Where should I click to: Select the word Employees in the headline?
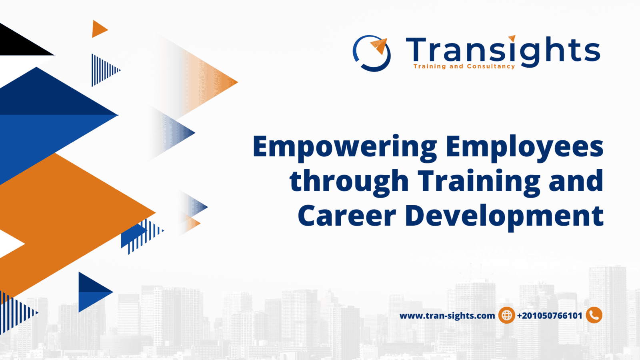pyautogui.click(x=524, y=147)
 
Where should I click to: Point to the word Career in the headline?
pyautogui.click(x=346, y=216)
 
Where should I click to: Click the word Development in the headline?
pyautogui.click(x=504, y=216)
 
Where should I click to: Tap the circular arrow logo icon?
pyautogui.click(x=372, y=53)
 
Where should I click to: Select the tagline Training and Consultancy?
pyautogui.click(x=464, y=66)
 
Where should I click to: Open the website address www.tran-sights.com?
pyautogui.click(x=447, y=316)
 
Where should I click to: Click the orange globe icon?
pyautogui.click(x=506, y=315)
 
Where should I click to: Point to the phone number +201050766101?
pyautogui.click(x=550, y=316)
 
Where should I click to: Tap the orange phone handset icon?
pyautogui.click(x=594, y=315)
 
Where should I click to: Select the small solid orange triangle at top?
pyautogui.click(x=98, y=29)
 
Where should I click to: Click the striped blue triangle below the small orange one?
pyautogui.click(x=102, y=70)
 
